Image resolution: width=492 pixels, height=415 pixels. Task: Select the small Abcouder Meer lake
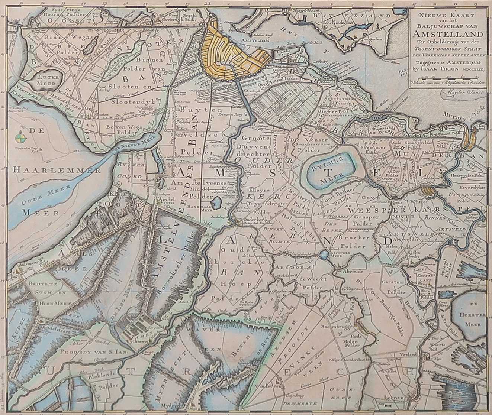coord(324,255)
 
